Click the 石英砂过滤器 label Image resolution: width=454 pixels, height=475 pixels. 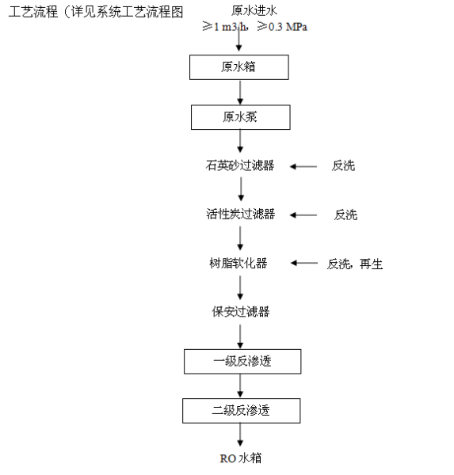tap(240, 165)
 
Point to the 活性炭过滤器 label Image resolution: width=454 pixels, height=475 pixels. tap(241, 215)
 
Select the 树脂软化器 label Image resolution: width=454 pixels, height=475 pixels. tap(238, 263)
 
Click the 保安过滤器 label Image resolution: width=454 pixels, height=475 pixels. tap(241, 312)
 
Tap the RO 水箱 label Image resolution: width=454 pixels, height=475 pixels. tap(241, 458)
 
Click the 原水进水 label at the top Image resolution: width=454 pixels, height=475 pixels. tap(254, 11)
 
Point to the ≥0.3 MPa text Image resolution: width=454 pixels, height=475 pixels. tap(282, 27)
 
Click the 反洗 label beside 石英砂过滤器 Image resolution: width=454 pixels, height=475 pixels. tap(343, 165)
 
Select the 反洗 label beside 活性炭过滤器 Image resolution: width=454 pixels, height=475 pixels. tap(345, 215)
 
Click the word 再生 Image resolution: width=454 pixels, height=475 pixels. tap(372, 264)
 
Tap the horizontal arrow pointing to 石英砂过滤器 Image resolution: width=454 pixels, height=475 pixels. tap(303, 166)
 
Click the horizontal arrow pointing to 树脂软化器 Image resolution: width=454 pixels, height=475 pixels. tap(304, 263)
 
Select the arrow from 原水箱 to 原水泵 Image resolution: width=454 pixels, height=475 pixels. tap(240, 93)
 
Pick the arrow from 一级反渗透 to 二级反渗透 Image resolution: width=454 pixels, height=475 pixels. tap(240, 386)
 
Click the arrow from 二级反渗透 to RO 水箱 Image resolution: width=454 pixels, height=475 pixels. tap(240, 435)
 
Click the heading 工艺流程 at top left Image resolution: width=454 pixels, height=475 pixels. tap(33, 12)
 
